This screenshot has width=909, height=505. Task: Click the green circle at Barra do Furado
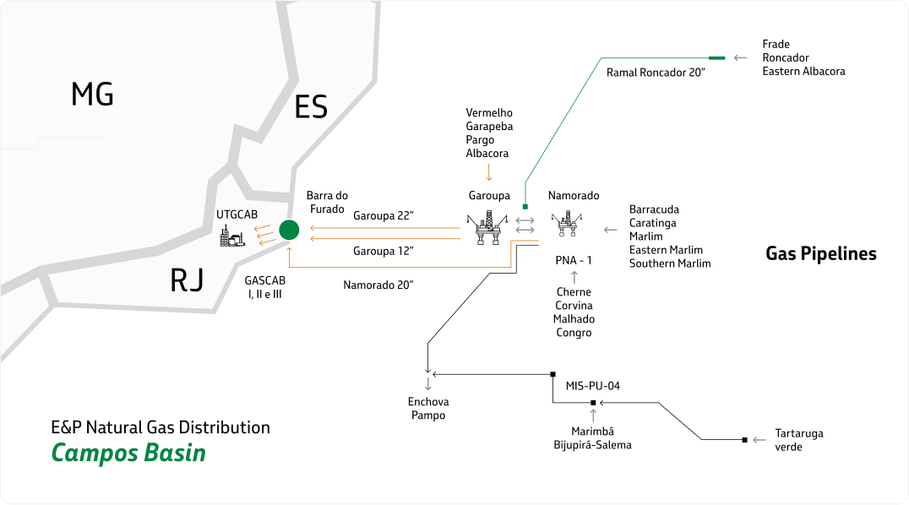point(290,229)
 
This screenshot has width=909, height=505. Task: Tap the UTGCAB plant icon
point(231,236)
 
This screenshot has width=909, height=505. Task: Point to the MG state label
point(92,95)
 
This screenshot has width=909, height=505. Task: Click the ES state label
point(310,108)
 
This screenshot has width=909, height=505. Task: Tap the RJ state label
point(187,280)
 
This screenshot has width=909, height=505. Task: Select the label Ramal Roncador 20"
point(656,73)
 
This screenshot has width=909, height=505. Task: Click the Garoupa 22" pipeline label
point(383,216)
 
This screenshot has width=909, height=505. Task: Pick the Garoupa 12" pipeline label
point(383,251)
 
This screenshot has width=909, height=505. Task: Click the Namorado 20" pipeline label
point(378,285)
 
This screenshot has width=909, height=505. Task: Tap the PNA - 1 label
point(574,260)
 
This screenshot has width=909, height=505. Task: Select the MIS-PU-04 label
point(593,386)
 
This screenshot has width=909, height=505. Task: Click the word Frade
point(776,44)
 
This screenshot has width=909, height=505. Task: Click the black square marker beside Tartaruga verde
point(744,440)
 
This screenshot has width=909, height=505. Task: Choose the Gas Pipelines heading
point(820,253)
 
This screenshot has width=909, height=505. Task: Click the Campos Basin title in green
point(128,453)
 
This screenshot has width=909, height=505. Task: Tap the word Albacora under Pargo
point(487,153)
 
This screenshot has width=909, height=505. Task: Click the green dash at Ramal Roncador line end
point(716,57)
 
